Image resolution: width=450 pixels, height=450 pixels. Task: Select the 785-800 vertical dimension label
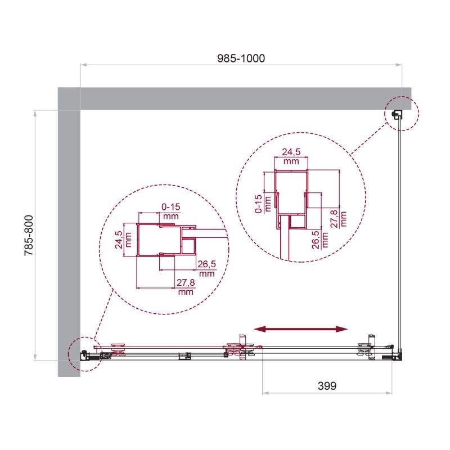click(x=29, y=236)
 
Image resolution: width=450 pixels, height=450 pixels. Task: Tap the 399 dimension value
click(x=327, y=386)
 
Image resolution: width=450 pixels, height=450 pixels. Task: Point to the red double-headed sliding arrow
click(x=301, y=329)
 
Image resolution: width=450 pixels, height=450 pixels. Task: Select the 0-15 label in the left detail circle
click(x=170, y=211)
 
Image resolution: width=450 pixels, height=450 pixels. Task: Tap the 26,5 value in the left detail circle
click(x=206, y=268)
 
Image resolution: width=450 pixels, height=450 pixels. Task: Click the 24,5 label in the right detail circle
click(x=291, y=156)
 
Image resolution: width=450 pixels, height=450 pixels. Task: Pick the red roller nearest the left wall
click(x=119, y=349)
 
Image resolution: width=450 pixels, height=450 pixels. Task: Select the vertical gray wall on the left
click(x=69, y=236)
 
